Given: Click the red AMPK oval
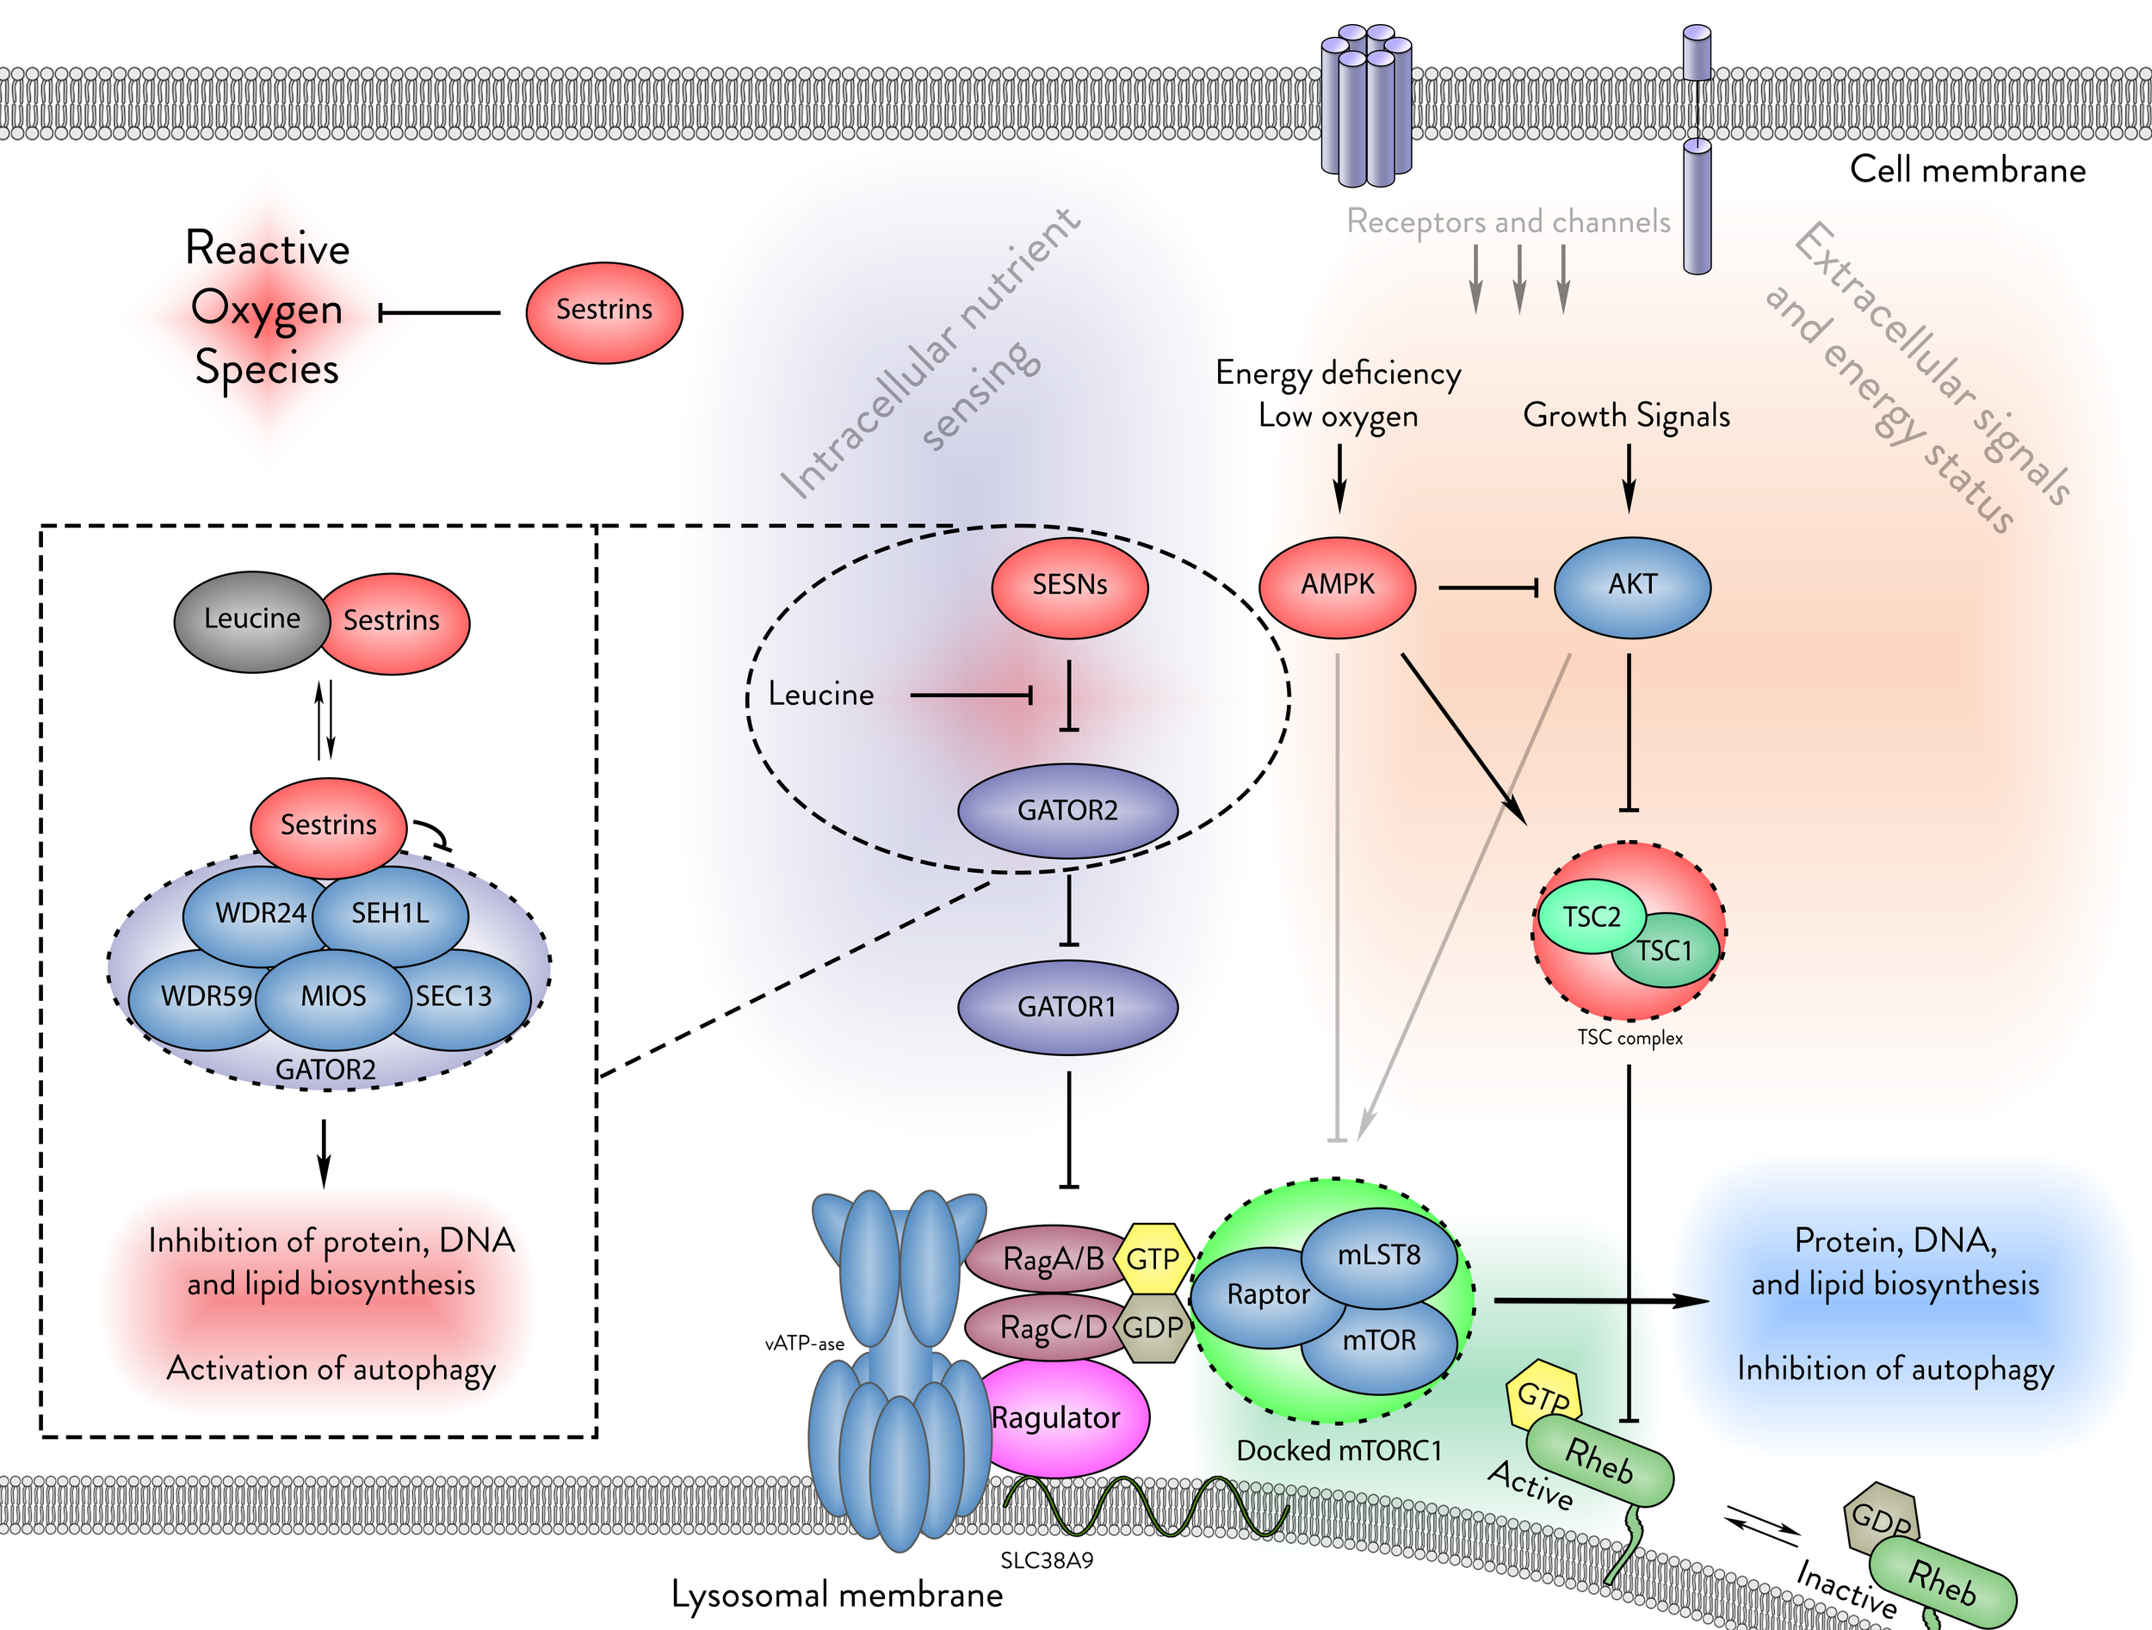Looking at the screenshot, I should pos(1337,586).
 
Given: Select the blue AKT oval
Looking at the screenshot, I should pos(1631,586).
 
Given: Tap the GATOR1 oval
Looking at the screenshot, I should pos(1067,1007).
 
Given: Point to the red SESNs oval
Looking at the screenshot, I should pos(1069,586).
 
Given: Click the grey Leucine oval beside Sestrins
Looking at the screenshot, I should pos(251,621).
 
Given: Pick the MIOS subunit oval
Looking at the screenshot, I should pos(333,997).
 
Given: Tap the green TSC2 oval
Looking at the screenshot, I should pos(1590,917).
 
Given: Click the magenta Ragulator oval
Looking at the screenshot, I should pos(1061,1418).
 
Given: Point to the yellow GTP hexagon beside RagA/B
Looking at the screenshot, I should pos(1153,1258).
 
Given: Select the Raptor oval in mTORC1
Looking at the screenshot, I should pos(1265,1295).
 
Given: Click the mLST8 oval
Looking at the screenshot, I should pos(1378,1256).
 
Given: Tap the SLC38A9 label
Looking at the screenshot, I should pos(1047,1561).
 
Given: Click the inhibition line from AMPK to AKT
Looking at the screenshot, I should pos(1487,588).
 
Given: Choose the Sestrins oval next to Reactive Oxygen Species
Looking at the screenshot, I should pos(604,312).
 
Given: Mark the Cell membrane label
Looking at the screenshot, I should pos(1967,170).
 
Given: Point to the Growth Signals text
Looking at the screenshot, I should pos(1627,416).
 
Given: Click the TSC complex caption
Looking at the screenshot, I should pos(1629,1038).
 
